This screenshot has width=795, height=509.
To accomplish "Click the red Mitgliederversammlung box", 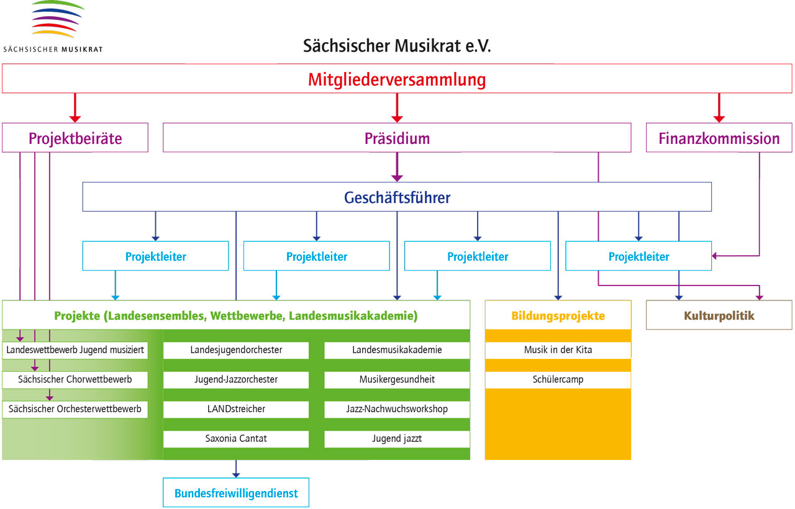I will click(x=397, y=79).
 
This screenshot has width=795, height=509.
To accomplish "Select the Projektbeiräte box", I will click(x=75, y=138).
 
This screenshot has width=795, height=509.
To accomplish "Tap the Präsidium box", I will click(x=397, y=138).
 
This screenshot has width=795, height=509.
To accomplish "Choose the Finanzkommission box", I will click(x=719, y=138).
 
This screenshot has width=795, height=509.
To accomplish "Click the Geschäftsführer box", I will click(x=397, y=197).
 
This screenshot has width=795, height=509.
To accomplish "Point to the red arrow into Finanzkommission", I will click(x=719, y=108).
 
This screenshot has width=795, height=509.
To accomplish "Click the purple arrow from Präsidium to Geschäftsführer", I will click(x=397, y=167).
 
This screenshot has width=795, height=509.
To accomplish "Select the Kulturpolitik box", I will click(x=719, y=315).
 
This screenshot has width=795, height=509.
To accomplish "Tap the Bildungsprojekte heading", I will click(x=558, y=315).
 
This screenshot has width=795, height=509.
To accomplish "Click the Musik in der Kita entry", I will click(x=558, y=350).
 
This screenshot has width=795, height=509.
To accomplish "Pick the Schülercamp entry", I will click(x=558, y=379).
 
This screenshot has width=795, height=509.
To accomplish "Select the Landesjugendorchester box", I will click(x=236, y=350).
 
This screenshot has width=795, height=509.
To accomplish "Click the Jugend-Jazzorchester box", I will click(x=236, y=379).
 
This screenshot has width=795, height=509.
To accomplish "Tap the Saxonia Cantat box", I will click(x=236, y=439).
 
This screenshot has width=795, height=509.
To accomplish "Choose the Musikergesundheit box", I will click(x=397, y=379).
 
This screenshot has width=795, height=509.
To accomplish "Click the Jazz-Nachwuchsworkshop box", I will click(x=397, y=409).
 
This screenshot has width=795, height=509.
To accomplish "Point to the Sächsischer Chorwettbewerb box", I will click(x=75, y=379).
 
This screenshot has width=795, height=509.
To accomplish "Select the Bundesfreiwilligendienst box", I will click(x=236, y=493).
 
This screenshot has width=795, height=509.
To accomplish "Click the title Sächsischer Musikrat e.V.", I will click(x=397, y=46).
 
